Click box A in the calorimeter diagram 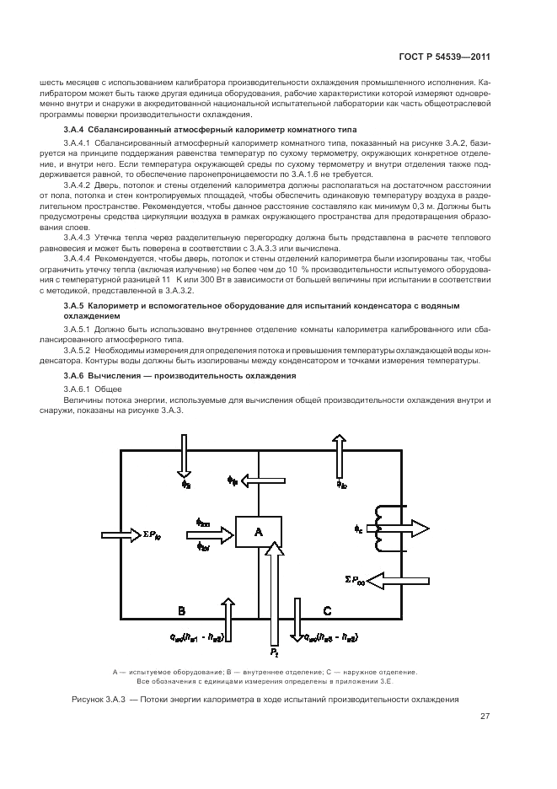[x=258, y=532]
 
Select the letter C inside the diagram [x=327, y=609]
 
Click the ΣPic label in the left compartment [x=159, y=534]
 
